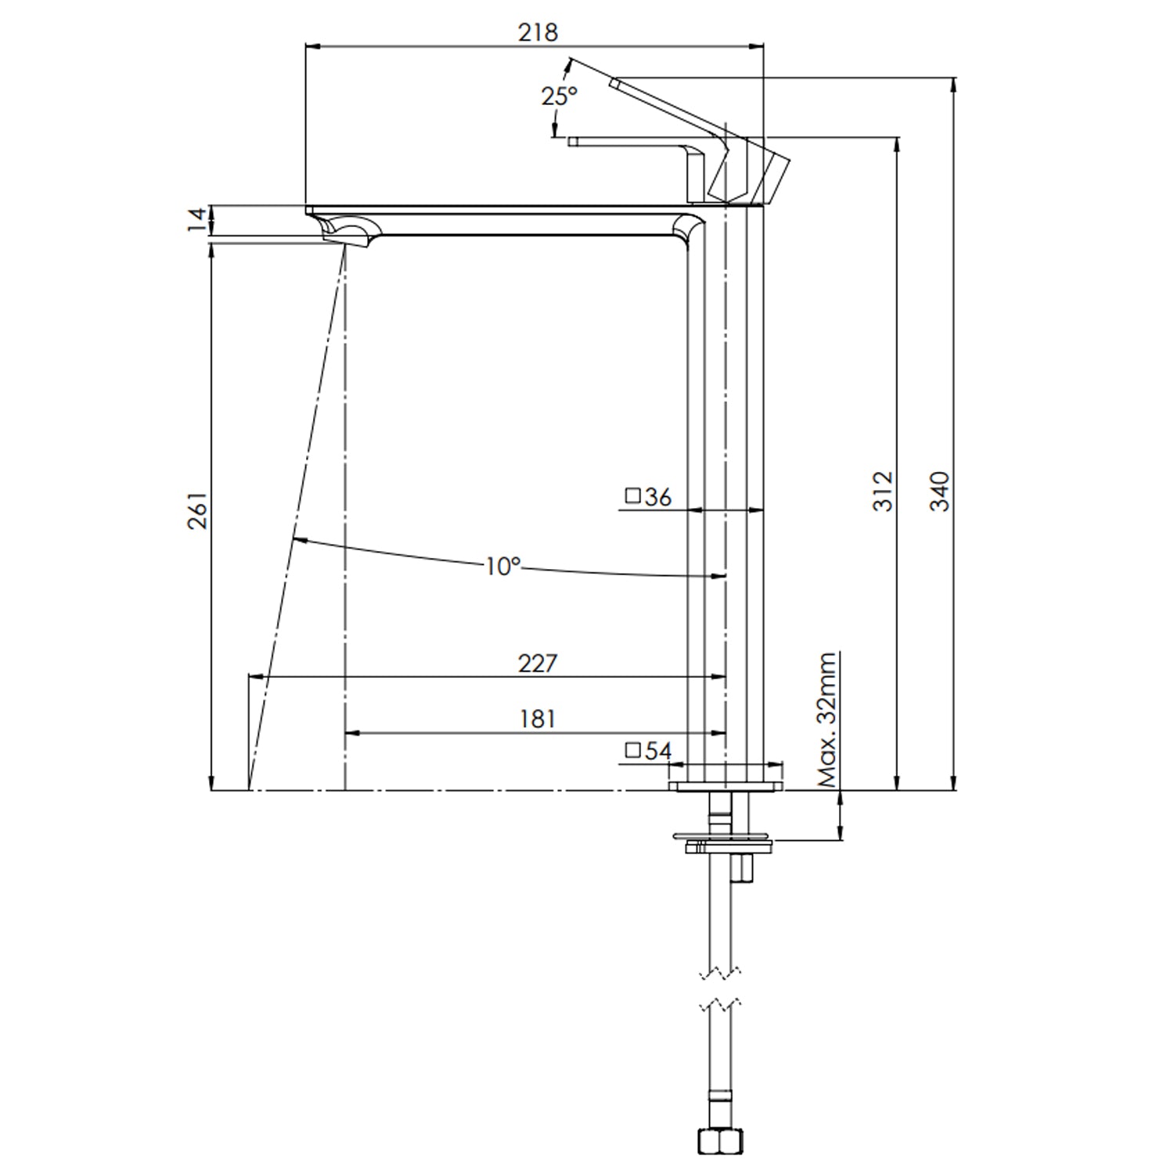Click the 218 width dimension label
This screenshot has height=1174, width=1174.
click(x=538, y=32)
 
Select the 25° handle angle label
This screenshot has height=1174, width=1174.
click(x=560, y=95)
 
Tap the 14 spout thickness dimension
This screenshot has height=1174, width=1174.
click(x=198, y=220)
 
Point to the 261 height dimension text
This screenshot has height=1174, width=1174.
click(x=197, y=511)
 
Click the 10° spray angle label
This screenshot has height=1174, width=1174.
click(x=502, y=566)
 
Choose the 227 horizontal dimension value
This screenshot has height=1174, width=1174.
click(x=538, y=663)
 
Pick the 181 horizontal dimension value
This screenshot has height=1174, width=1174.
click(x=537, y=718)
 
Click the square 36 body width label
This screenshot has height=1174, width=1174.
click(x=649, y=496)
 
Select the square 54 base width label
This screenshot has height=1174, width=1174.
click(x=649, y=751)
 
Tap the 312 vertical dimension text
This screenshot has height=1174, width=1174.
click(x=883, y=491)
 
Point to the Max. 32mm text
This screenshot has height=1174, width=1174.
click(x=827, y=720)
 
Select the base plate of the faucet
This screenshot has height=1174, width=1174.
click(x=726, y=786)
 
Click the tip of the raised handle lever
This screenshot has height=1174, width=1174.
click(x=615, y=81)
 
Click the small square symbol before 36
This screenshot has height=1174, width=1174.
click(x=633, y=496)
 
